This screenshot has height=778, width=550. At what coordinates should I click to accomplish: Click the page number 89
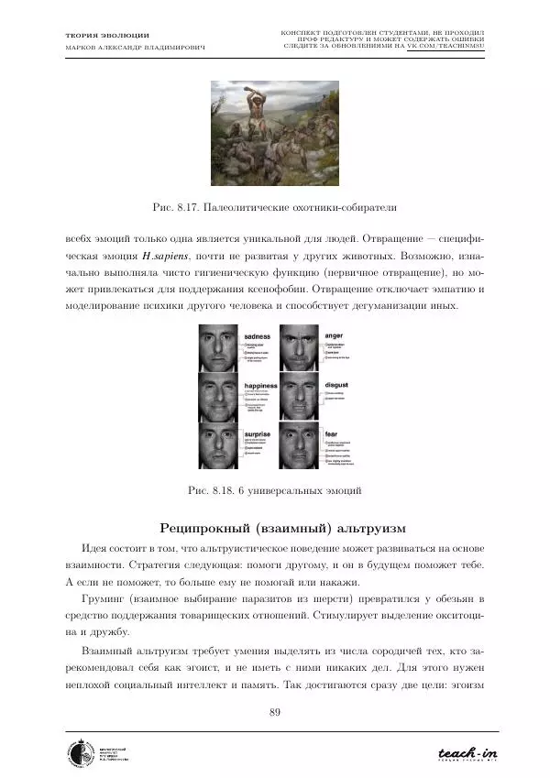[275, 714]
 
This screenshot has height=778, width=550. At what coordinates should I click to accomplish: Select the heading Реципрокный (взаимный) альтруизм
[275, 528]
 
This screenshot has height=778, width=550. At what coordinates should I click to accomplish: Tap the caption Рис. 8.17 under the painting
[275, 204]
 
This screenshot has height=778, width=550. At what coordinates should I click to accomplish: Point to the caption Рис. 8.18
[275, 490]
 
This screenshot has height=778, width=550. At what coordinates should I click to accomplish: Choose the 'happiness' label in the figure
[261, 386]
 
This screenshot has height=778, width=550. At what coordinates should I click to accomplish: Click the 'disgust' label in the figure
[337, 386]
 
